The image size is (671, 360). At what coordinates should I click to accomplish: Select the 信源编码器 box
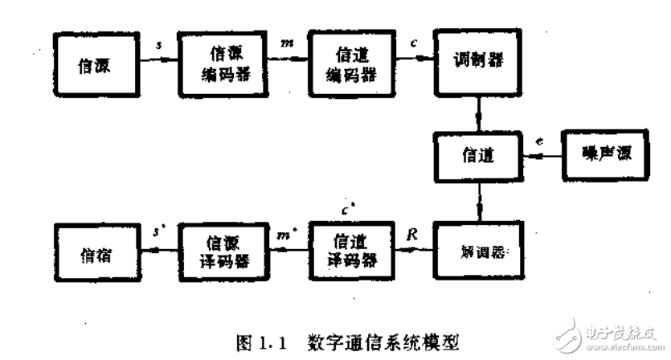(x=218, y=64)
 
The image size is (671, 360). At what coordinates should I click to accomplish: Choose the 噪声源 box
(x=599, y=151)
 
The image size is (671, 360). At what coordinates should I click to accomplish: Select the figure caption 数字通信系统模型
(x=383, y=338)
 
